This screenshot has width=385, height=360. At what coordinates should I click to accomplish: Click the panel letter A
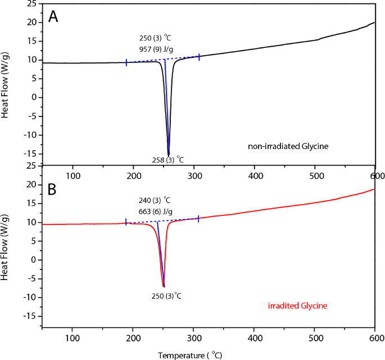tap(53, 17)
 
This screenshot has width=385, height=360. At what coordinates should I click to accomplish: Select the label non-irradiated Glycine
tap(288, 147)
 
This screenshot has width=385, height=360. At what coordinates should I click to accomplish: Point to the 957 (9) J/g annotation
tap(156, 49)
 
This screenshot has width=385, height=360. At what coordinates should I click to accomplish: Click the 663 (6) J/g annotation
tap(156, 211)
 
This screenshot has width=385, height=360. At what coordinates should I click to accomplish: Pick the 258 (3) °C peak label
tap(168, 160)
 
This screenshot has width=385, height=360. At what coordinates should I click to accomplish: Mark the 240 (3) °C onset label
tap(155, 200)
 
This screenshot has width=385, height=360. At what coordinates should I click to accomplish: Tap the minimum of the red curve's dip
tap(163, 286)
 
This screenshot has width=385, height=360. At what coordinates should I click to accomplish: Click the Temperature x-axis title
tap(191, 355)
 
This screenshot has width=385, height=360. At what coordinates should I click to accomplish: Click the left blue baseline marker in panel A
tap(126, 62)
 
